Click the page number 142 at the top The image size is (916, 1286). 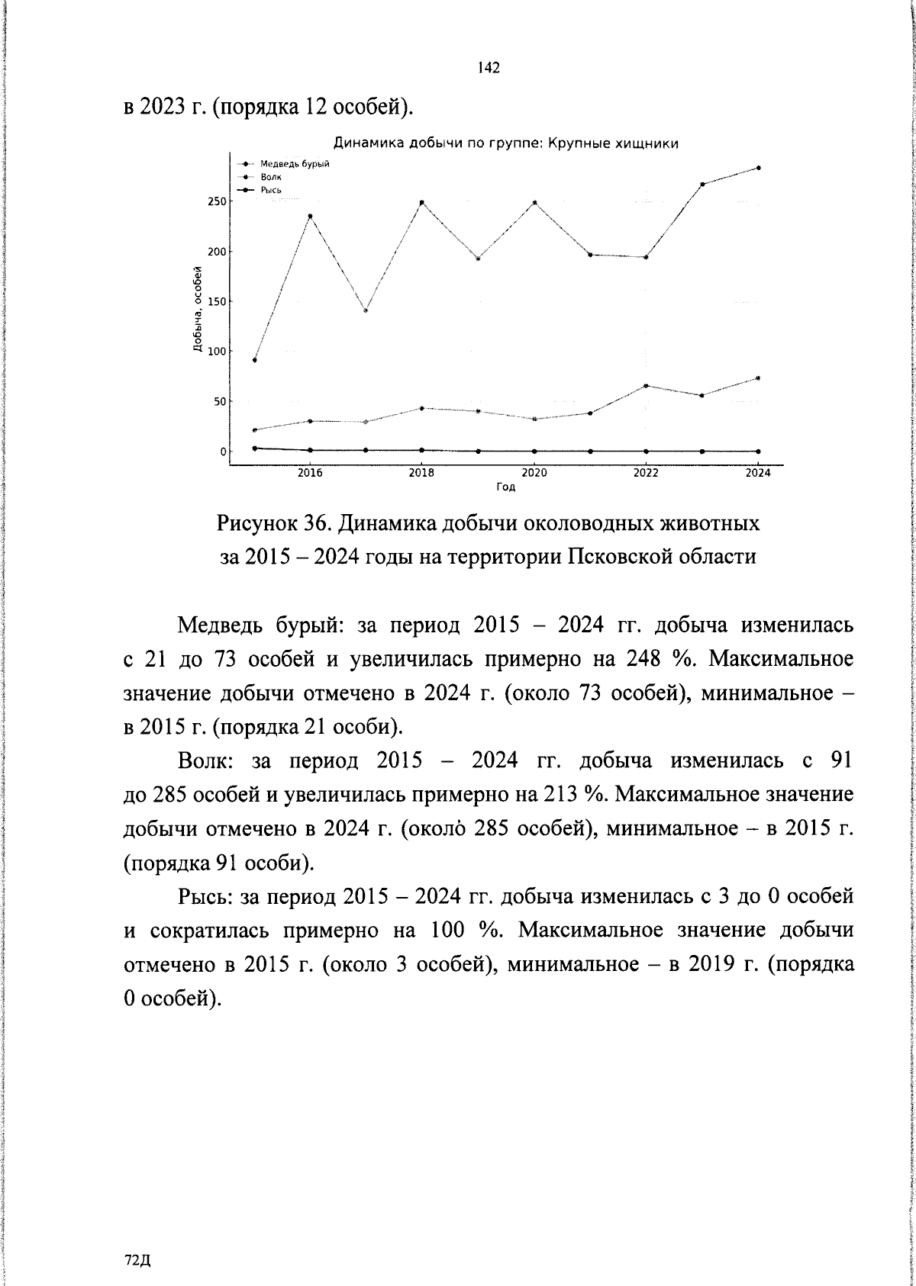click(x=488, y=68)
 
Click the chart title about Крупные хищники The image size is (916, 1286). click(x=506, y=143)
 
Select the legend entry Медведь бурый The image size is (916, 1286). click(x=294, y=164)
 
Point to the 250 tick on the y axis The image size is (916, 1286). click(x=217, y=201)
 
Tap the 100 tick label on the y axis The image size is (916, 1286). click(x=217, y=352)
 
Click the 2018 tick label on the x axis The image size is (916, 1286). click(x=421, y=473)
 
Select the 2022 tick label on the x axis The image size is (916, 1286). click(x=646, y=473)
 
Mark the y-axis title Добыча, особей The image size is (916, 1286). click(x=197, y=310)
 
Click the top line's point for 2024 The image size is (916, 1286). click(x=758, y=168)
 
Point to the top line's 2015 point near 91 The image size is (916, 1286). click(x=254, y=360)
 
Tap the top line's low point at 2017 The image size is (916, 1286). click(x=366, y=310)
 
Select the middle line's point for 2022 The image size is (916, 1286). click(x=646, y=386)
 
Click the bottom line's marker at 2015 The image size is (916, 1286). click(x=254, y=448)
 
